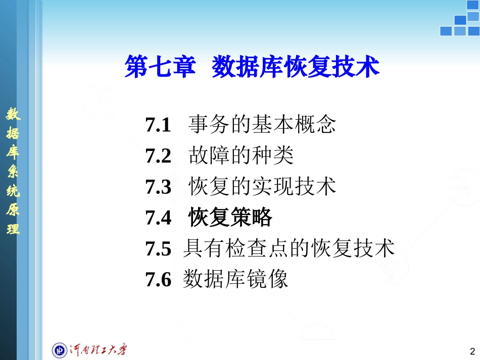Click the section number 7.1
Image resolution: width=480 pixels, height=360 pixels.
coord(158,124)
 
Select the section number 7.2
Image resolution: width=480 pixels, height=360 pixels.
coord(158,156)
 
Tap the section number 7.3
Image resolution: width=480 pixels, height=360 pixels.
coord(158,187)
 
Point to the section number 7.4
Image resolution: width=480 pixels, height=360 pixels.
coord(158,218)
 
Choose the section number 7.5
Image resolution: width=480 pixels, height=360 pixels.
coord(158,248)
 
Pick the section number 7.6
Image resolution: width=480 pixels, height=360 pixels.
coord(158,279)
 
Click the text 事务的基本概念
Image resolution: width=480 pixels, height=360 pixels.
coord(262,124)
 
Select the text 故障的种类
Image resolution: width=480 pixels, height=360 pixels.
coord(241,156)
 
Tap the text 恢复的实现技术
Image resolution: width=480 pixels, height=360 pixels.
coord(262,187)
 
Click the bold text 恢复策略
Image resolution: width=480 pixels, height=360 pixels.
coord(230,218)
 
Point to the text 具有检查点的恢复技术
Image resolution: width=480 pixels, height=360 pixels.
coord(289,248)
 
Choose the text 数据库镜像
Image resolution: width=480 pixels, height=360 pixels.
coord(235,279)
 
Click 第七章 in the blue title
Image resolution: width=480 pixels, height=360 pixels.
coord(160,68)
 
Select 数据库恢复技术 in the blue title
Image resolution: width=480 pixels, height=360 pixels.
coord(296,68)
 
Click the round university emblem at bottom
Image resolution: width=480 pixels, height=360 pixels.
coord(60,349)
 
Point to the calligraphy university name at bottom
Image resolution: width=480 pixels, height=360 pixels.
coord(98,349)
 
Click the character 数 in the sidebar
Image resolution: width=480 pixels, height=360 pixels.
coord(13,115)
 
